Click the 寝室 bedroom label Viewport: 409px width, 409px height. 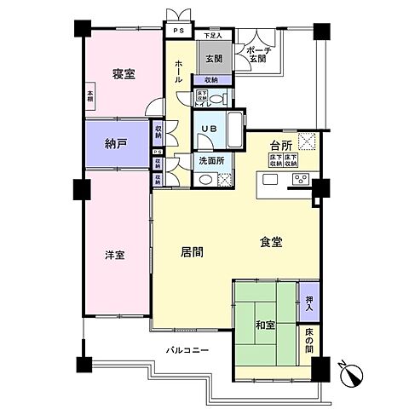tap(124, 74)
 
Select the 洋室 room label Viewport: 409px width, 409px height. tap(115, 255)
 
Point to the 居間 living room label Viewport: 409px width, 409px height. tap(192, 251)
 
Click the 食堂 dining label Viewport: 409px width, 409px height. tap(271, 242)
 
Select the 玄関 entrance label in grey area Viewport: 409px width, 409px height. tap(212, 59)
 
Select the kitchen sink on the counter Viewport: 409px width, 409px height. tap(271, 179)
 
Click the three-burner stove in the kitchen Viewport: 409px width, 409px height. tap(301, 179)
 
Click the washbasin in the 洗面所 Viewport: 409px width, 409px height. tap(204, 178)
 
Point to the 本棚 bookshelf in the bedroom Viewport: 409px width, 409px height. tap(89, 98)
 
